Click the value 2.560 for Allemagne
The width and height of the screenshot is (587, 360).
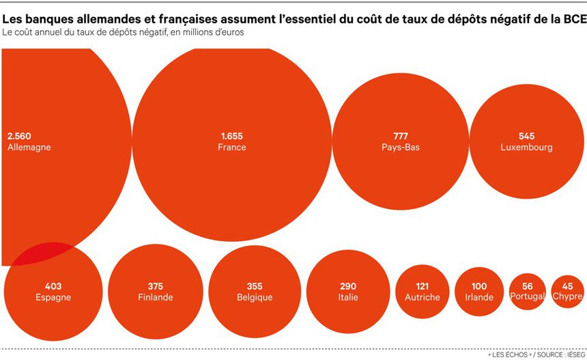point(20,136)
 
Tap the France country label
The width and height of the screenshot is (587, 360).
point(232,147)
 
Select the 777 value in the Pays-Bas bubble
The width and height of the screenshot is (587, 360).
point(401,136)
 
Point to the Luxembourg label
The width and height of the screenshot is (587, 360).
point(526,147)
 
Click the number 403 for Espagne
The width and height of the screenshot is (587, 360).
point(53,286)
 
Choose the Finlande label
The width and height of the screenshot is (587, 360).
point(155,297)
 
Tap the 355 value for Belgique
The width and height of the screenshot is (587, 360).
point(255,286)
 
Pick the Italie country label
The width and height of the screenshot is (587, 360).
point(348,297)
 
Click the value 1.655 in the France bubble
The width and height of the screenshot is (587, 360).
point(232,136)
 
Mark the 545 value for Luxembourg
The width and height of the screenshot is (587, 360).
point(526,136)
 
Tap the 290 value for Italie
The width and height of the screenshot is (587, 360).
point(348,286)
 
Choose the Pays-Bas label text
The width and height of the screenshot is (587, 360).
point(401,147)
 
